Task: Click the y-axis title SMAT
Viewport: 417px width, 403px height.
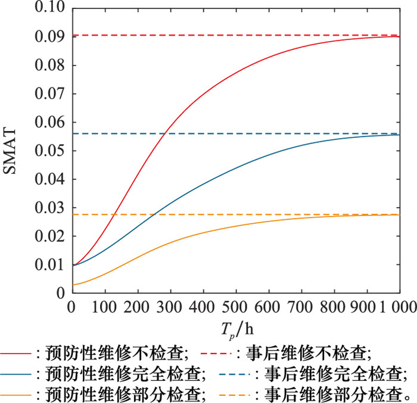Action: tap(14, 152)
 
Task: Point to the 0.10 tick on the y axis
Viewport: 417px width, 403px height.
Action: tap(52, 8)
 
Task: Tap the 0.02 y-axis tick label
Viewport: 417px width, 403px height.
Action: tap(52, 236)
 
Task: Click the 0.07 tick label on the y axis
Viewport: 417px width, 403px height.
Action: tap(52, 94)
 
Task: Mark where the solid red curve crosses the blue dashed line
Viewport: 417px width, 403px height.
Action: tap(168, 133)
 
